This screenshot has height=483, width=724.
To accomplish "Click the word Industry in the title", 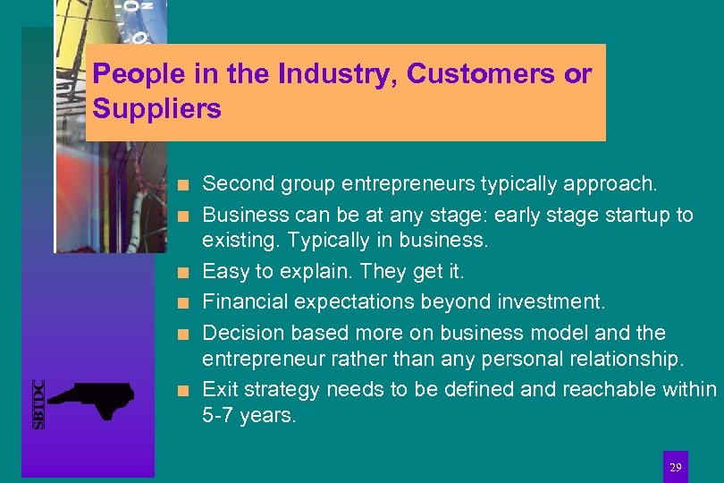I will (335, 74).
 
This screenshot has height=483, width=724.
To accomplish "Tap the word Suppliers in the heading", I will (156, 109).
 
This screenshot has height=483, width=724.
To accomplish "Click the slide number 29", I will (676, 467).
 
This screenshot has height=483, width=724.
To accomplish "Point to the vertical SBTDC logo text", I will (39, 404).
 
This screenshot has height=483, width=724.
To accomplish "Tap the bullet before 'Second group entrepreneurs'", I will (182, 186).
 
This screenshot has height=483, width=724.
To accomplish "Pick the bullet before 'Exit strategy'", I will (182, 390).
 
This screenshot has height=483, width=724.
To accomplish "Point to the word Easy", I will (226, 271).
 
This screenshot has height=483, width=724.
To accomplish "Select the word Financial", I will (247, 301).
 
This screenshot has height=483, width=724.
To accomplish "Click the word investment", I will (560, 301).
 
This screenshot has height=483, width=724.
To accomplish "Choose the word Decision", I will (241, 333).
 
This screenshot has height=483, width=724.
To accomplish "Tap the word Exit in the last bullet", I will (219, 389).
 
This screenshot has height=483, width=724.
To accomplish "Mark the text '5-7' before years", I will (218, 416).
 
